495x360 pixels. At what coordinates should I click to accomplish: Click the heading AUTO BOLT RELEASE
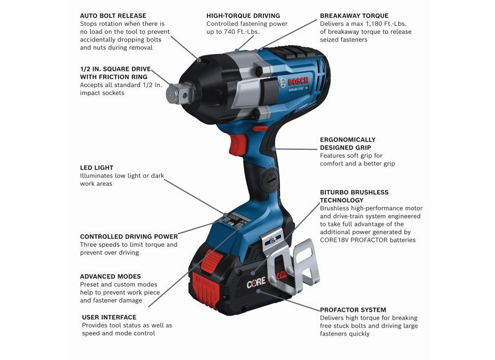pos(113,16)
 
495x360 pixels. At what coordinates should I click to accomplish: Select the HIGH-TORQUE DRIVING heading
pos(243,16)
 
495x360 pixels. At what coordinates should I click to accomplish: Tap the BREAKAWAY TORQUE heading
pos(354,16)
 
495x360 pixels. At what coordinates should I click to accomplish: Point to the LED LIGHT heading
pos(97,168)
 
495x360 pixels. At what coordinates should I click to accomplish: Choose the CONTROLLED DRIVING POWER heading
pos(129,237)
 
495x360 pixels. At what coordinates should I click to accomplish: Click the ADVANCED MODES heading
pos(111,276)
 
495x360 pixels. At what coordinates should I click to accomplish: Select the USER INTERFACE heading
pos(109,317)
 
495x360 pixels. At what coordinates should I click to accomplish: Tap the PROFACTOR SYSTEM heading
pos(353,310)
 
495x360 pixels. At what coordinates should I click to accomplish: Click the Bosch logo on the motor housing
pos(294,82)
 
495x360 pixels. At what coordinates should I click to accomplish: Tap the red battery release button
pos(211,259)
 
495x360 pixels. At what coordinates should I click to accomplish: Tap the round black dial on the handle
pos(270,180)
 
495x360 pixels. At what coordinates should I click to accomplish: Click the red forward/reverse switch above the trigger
pos(260,128)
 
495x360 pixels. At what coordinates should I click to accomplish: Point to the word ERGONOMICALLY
pos(347,139)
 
